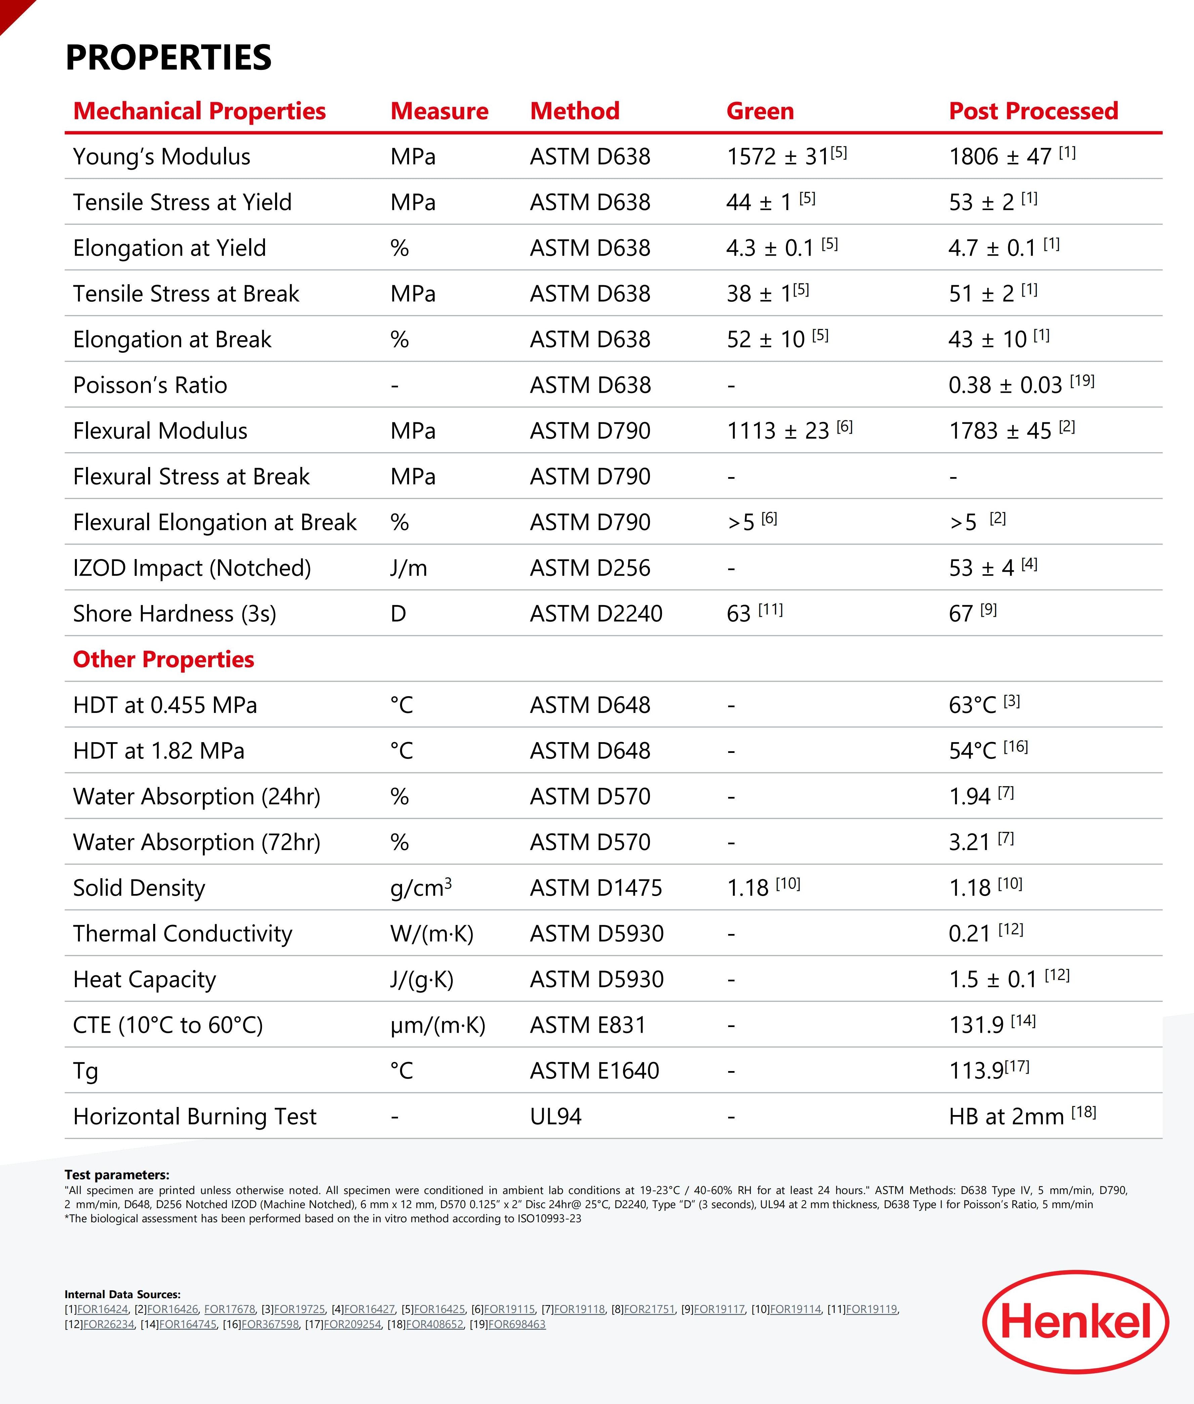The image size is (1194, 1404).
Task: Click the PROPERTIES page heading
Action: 169,57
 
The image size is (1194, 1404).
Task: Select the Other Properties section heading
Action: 163,660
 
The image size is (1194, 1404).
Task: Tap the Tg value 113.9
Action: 976,1071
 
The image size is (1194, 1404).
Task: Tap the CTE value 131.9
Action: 976,1025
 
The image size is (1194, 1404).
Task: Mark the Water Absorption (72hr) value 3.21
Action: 969,842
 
